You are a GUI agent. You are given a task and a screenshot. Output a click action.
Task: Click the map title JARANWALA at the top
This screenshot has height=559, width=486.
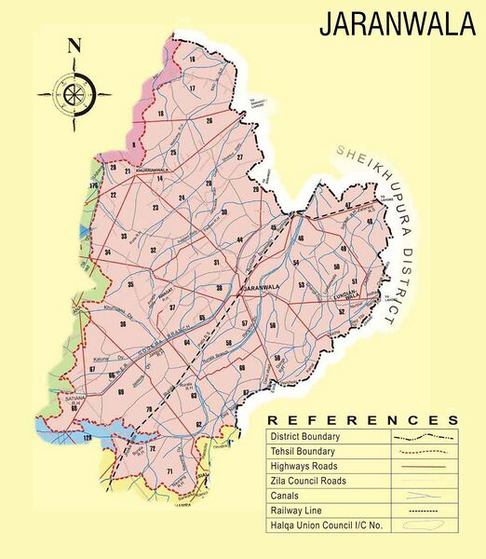[397, 25]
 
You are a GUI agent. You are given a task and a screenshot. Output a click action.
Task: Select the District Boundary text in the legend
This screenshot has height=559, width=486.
[304, 436]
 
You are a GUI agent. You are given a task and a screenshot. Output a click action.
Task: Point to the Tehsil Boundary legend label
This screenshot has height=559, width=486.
[302, 451]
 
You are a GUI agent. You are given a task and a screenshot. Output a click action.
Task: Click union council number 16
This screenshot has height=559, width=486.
[192, 60]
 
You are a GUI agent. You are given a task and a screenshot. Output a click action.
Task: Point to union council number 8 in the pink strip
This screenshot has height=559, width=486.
[134, 144]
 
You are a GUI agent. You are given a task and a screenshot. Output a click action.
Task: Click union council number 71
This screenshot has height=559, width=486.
[169, 472]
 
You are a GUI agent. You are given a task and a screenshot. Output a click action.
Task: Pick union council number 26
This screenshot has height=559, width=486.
[209, 121]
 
